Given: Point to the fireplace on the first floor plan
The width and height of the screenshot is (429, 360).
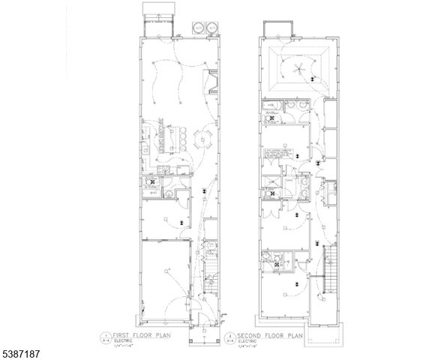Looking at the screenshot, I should click(x=213, y=82).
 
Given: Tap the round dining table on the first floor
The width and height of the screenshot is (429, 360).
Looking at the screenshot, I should click(x=197, y=137).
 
